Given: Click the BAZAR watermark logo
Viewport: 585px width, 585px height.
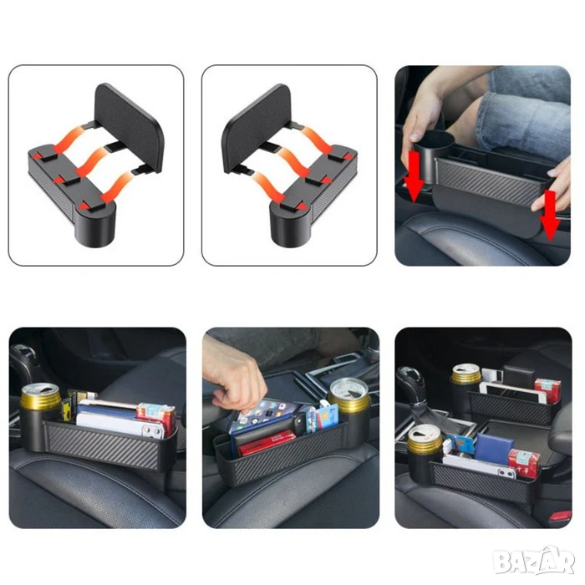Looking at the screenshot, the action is (533, 561).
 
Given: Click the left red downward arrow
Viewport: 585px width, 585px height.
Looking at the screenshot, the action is (414, 176).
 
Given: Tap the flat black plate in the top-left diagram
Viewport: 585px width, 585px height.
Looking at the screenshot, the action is (130, 125).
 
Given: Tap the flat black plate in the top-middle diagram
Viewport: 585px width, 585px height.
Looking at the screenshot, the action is (257, 126).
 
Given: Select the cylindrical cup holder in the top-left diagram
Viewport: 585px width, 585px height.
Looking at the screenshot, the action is (95, 223).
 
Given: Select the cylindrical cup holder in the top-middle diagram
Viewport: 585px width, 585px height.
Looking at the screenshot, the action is (290, 224).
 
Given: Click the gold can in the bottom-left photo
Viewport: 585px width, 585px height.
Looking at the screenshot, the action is (40, 397).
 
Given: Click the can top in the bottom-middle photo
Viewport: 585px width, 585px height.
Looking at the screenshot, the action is (348, 390).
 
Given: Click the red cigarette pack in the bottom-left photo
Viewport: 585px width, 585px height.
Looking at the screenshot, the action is (156, 417).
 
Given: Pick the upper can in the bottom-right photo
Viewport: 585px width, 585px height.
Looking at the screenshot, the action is (466, 374).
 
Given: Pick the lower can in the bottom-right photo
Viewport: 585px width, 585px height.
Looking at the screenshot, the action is (425, 440).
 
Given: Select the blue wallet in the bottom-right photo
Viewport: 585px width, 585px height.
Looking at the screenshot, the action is (494, 449).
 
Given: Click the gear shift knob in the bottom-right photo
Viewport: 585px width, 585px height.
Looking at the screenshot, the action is (411, 379).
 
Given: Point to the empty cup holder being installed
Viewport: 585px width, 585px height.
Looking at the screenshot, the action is (434, 156).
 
